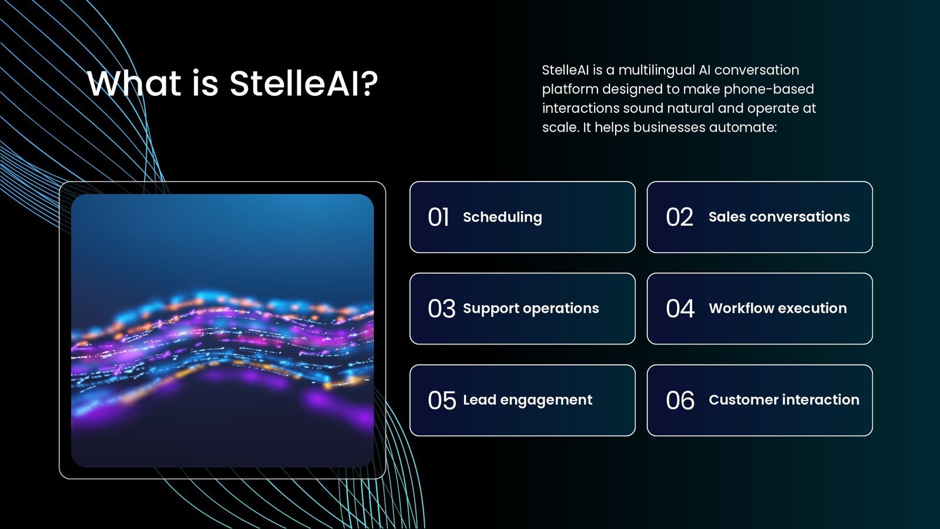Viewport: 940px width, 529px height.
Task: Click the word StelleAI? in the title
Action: coord(304,83)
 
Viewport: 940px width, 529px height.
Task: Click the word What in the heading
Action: coord(135,83)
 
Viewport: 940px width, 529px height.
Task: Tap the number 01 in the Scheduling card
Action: coord(438,217)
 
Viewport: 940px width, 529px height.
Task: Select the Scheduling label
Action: coord(502,217)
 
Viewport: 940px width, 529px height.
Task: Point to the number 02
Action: coord(679,217)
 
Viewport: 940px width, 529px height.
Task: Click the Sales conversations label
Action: coord(779,217)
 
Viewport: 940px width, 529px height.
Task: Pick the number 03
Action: coord(441,309)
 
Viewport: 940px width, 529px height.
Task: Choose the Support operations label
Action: coord(531,309)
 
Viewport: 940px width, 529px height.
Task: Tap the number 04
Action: coord(680,309)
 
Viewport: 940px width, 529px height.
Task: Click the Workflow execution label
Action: coord(778,308)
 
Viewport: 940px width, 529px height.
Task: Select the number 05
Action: coord(442,400)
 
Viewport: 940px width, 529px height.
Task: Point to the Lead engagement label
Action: coord(528,400)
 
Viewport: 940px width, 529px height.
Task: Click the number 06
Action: coord(680,400)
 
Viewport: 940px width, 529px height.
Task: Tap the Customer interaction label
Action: coord(784,400)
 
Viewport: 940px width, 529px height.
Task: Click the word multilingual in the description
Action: coord(657,70)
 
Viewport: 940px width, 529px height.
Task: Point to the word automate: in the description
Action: coord(743,127)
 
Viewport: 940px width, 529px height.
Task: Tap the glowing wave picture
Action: coord(223,330)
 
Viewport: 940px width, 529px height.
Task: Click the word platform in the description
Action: coord(570,89)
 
